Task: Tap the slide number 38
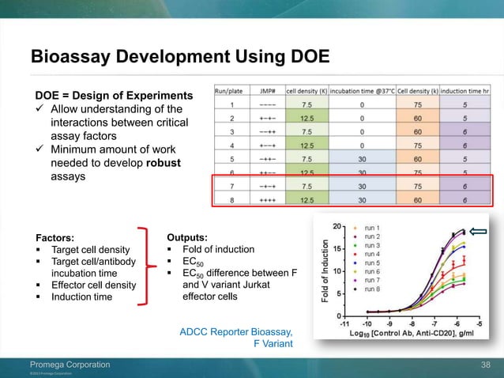[486, 364]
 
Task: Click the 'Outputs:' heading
[188, 236]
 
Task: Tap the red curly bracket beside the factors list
[143, 265]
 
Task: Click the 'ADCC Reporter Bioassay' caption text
[238, 331]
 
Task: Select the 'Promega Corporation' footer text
[65, 364]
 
